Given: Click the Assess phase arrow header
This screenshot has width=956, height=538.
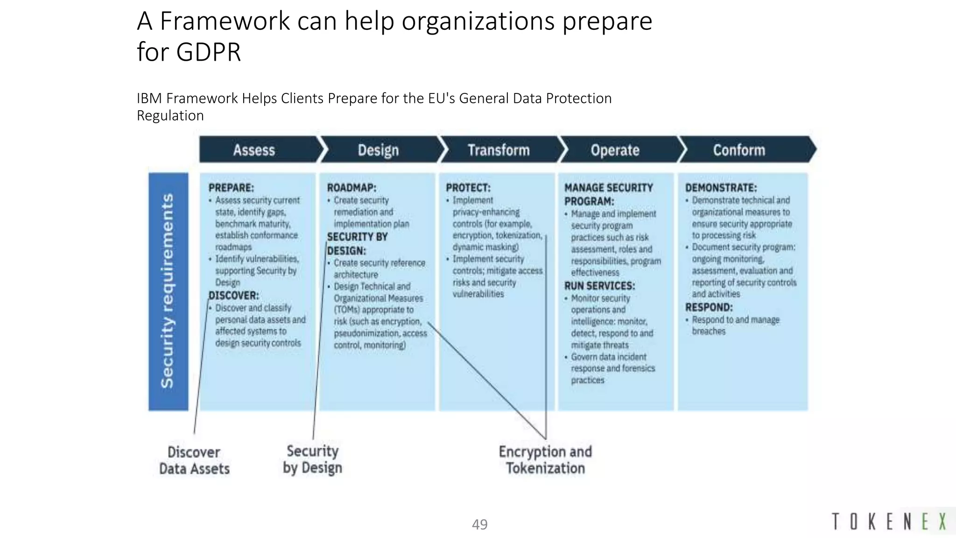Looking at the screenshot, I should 254,150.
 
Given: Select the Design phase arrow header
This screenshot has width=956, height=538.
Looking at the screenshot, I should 378,150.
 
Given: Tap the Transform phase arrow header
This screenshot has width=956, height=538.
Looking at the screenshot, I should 499,150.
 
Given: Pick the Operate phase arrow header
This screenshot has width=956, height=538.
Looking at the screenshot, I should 615,150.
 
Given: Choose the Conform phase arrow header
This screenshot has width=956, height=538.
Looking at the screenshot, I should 739,150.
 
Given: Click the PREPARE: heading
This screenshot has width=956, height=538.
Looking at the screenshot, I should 231,188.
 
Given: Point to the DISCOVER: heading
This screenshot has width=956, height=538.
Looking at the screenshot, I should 234,295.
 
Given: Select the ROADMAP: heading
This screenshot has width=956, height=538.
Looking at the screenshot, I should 351,188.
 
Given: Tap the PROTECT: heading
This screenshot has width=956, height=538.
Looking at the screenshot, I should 468,188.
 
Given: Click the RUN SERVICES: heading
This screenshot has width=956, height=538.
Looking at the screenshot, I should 600,285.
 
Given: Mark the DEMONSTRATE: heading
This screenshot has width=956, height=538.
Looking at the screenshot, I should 721,188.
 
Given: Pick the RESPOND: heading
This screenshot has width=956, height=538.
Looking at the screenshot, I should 709,307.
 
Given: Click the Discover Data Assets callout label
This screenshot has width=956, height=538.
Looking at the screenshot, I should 194,460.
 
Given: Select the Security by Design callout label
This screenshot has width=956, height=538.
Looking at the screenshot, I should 312,459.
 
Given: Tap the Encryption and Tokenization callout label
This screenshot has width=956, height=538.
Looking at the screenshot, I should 545,460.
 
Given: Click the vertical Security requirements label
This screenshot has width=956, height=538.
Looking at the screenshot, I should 168,291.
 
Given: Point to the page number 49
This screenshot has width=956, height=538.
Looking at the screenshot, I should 479,524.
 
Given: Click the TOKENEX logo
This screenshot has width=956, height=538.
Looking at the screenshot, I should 889,521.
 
